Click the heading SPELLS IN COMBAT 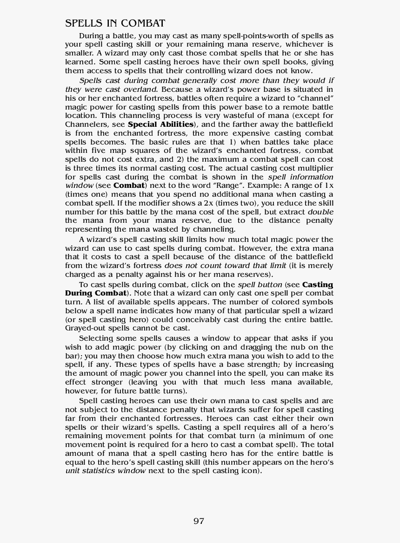(115, 23)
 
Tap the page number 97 (199, 521)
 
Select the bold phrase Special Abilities (160, 124)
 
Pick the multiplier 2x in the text (209, 203)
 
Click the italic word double (320, 212)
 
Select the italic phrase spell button (260, 285)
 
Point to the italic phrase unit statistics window (106, 471)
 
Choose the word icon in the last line (249, 471)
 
